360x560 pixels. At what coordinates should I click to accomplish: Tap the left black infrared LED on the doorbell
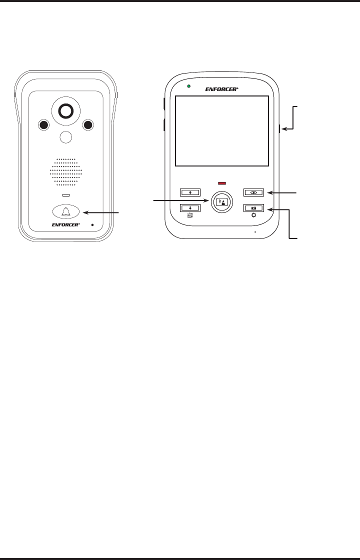point(43,125)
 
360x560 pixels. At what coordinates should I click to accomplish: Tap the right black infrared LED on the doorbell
point(88,125)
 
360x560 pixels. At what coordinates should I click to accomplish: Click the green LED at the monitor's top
point(188,86)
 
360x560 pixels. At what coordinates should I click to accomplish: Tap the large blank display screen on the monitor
point(221,131)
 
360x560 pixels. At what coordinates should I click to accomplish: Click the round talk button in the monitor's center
point(221,201)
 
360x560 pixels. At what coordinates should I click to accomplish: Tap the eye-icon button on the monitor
point(253,192)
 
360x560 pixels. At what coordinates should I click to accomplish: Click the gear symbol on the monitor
point(253,215)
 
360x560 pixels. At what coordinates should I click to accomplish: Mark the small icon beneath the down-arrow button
point(190,215)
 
